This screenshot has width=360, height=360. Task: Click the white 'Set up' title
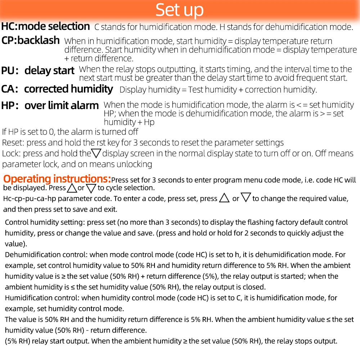tap(180, 10)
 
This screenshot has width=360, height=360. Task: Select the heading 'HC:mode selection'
tap(45, 26)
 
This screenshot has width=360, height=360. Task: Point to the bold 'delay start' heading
tap(49, 71)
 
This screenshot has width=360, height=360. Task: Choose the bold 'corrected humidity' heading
tap(68, 89)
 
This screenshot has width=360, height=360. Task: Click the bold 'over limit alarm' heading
tap(62, 105)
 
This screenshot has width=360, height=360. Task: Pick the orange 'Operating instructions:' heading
tap(57, 179)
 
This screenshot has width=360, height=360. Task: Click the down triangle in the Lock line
tap(96, 154)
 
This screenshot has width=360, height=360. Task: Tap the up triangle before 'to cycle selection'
tap(72, 188)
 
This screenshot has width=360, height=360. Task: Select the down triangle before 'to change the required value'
tap(246, 198)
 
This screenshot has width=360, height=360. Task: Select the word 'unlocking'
tap(134, 165)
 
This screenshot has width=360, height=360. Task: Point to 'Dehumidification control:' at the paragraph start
tap(46, 255)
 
